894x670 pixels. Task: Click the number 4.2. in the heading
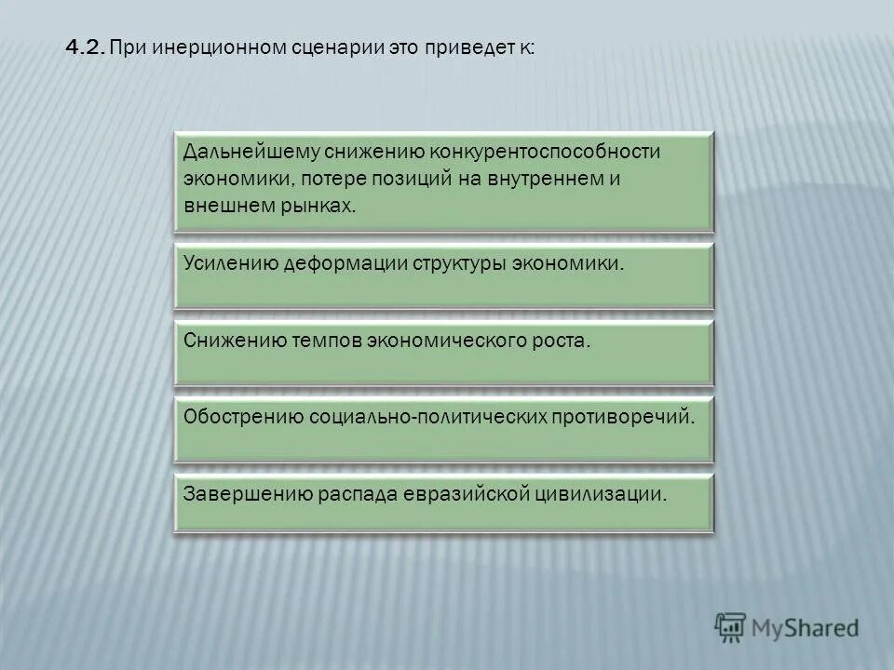(86, 47)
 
